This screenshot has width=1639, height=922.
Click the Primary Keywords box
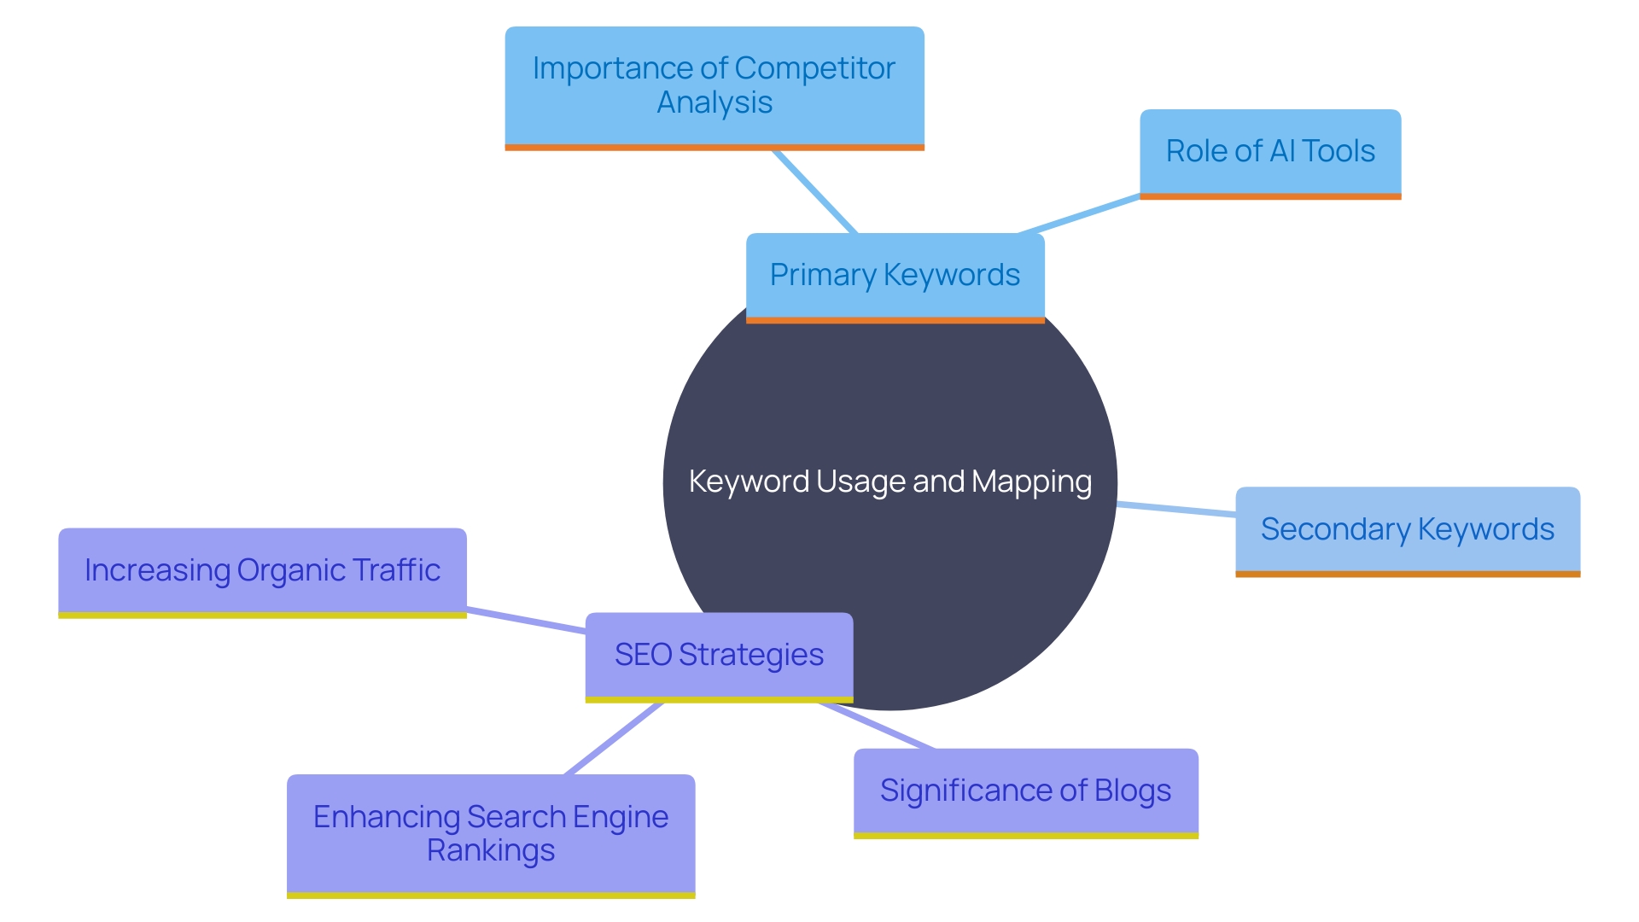895,276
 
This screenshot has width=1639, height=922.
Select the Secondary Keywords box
1407,530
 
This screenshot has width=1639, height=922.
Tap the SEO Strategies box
719,656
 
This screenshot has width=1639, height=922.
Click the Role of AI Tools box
1270,152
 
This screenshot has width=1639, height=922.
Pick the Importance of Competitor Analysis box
714,85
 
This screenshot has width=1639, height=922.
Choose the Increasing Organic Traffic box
262,570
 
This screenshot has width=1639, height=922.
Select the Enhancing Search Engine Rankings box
491,833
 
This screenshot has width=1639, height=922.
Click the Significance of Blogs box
1025,791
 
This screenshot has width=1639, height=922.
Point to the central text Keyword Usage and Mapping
889,482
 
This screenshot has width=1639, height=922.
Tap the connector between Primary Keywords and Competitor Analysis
814,192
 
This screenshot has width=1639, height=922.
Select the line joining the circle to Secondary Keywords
1176,510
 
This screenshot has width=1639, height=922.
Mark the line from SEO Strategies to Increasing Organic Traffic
526,621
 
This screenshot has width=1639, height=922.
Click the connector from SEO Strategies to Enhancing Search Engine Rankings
615,738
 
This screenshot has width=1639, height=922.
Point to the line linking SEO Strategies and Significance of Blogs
878,726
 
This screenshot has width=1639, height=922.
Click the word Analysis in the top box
715,103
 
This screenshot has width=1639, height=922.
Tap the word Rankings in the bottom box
491,851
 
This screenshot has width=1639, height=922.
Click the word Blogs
1133,791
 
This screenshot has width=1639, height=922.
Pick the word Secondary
1335,530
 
